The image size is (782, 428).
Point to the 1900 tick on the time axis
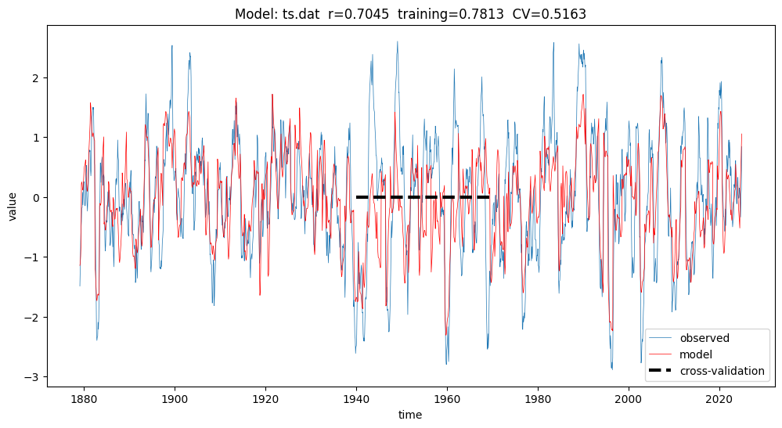pyautogui.click(x=175, y=399)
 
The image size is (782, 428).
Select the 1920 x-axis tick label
pyautogui.click(x=265, y=399)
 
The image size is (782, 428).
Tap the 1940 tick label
pyautogui.click(x=356, y=399)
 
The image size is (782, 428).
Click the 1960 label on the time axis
pyautogui.click(x=447, y=399)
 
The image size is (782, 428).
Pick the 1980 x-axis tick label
pyautogui.click(x=538, y=399)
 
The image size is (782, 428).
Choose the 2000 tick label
pyautogui.click(x=629, y=399)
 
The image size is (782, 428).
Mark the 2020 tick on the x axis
pyautogui.click(x=719, y=399)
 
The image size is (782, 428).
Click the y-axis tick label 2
pyautogui.click(x=37, y=77)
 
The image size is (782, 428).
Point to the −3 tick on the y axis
pyautogui.click(x=34, y=377)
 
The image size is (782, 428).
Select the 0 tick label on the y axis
pyautogui.click(x=37, y=197)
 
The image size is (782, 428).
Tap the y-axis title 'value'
pyautogui.click(x=13, y=206)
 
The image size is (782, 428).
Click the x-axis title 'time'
pyautogui.click(x=410, y=415)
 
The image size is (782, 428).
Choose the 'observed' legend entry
pyautogui.click(x=705, y=339)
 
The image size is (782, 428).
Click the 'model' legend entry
pyautogui.click(x=696, y=354)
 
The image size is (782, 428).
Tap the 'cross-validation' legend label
pyautogui.click(x=722, y=371)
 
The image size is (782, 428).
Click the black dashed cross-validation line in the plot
pyautogui.click(x=423, y=197)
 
